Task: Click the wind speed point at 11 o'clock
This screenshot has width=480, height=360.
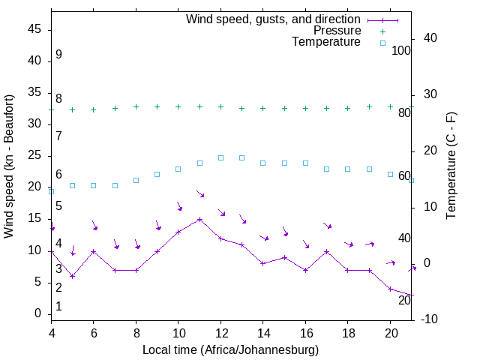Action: (x=199, y=220)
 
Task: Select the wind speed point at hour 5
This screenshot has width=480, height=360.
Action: (x=73, y=276)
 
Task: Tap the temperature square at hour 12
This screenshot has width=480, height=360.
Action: (x=220, y=157)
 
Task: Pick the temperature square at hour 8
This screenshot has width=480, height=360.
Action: (x=136, y=180)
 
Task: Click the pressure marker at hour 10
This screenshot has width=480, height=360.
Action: (x=178, y=106)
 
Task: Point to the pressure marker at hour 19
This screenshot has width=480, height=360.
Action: (x=369, y=106)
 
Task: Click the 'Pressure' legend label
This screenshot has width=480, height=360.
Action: (x=337, y=31)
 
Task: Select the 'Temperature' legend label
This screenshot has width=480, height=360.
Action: (x=326, y=42)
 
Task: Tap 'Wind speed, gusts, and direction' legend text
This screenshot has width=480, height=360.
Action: (x=274, y=19)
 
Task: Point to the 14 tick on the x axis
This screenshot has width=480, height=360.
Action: (x=263, y=332)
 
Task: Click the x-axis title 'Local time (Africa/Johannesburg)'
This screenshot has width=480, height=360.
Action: (x=231, y=349)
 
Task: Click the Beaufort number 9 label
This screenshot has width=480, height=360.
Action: (x=58, y=55)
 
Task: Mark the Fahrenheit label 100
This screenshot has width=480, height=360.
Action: (x=401, y=50)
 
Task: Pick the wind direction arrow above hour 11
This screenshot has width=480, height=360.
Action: (x=200, y=194)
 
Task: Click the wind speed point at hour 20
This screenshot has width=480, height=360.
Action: (x=390, y=289)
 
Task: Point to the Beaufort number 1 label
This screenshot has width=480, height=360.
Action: (x=58, y=306)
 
